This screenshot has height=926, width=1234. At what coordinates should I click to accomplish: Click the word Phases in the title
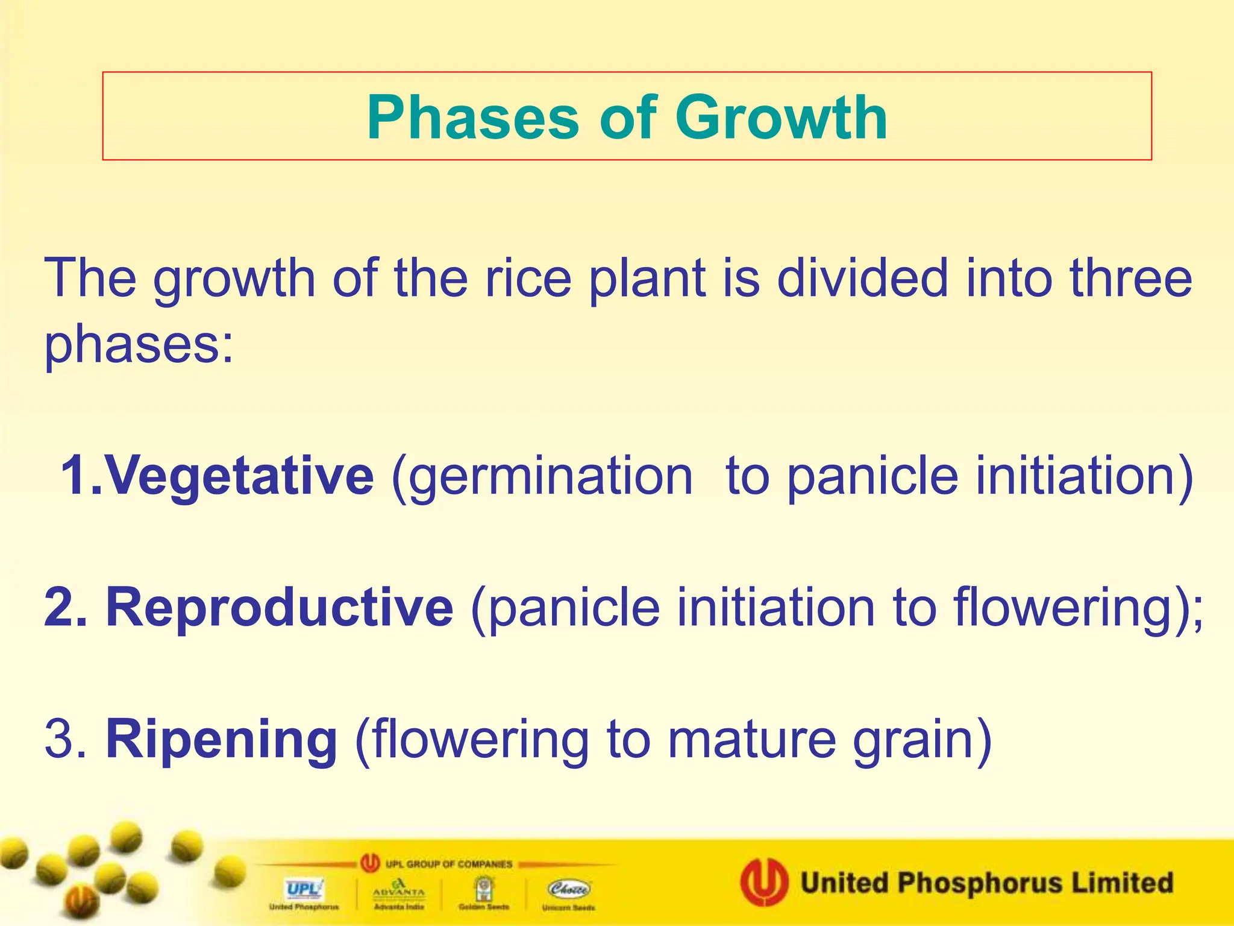472,118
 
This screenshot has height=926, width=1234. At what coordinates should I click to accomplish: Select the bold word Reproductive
280,607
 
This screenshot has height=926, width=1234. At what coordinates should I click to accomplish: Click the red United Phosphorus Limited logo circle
764,882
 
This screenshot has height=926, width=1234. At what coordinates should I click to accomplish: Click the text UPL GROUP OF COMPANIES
448,864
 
